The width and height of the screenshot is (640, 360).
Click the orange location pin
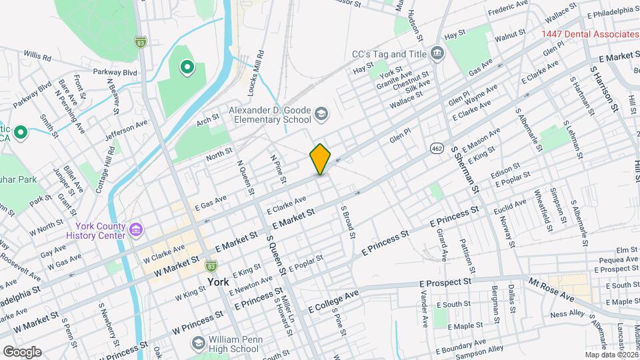pos(321,159)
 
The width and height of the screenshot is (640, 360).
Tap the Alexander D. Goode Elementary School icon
pos(321,115)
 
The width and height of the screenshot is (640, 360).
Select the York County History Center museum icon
pos(137,231)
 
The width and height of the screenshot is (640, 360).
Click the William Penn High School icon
pos(197,343)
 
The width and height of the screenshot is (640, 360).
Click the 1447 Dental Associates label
pos(589,34)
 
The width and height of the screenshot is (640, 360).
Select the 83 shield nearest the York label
pos(211,265)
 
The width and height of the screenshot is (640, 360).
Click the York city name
pos(219,282)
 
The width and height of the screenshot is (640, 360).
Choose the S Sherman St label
pos(466,171)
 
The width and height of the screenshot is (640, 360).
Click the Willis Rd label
pos(37,56)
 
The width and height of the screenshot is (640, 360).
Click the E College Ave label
pos(334,301)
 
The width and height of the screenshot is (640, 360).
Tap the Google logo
pos(21,352)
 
